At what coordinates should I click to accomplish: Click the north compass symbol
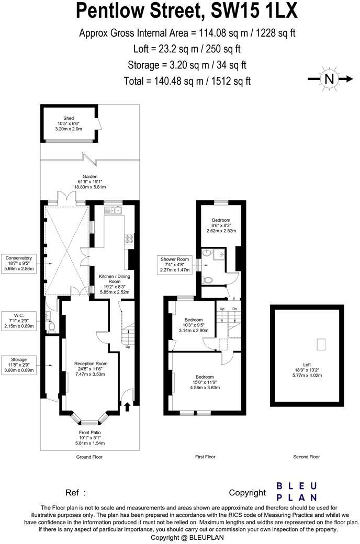[329, 79]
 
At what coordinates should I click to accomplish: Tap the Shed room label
[69, 123]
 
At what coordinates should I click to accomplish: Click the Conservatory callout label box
[19, 263]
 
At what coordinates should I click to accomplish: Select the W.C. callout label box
[19, 321]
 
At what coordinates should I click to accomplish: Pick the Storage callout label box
[19, 365]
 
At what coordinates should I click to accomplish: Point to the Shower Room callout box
[175, 264]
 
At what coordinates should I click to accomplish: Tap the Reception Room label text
[91, 369]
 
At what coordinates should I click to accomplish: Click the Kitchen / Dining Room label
[114, 283]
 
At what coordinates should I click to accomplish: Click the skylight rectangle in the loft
[322, 344]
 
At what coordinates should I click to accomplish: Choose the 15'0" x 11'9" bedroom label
[205, 382]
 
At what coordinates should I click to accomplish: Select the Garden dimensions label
[89, 182]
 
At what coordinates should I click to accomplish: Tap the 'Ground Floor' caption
[90, 457]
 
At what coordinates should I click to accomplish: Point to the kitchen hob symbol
[128, 240]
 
